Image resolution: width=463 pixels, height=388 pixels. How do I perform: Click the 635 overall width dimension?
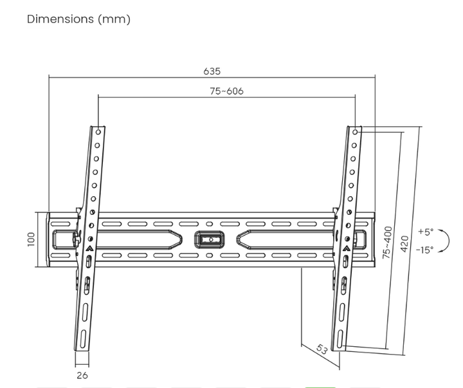pos(212,71)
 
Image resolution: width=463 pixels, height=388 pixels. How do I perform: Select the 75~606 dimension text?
pos(227,91)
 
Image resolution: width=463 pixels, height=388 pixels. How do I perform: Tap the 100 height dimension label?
pos(31,239)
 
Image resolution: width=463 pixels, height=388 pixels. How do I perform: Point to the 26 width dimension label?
pos(82,375)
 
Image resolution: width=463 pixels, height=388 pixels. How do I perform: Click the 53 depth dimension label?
pos(322,349)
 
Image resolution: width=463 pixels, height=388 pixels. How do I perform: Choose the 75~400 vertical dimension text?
pos(387,243)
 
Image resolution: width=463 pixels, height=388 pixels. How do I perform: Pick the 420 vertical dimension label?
pos(405,244)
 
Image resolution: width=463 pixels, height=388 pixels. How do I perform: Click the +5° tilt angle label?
pos(426,232)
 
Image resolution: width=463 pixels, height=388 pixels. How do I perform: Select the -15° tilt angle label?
pos(424,250)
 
